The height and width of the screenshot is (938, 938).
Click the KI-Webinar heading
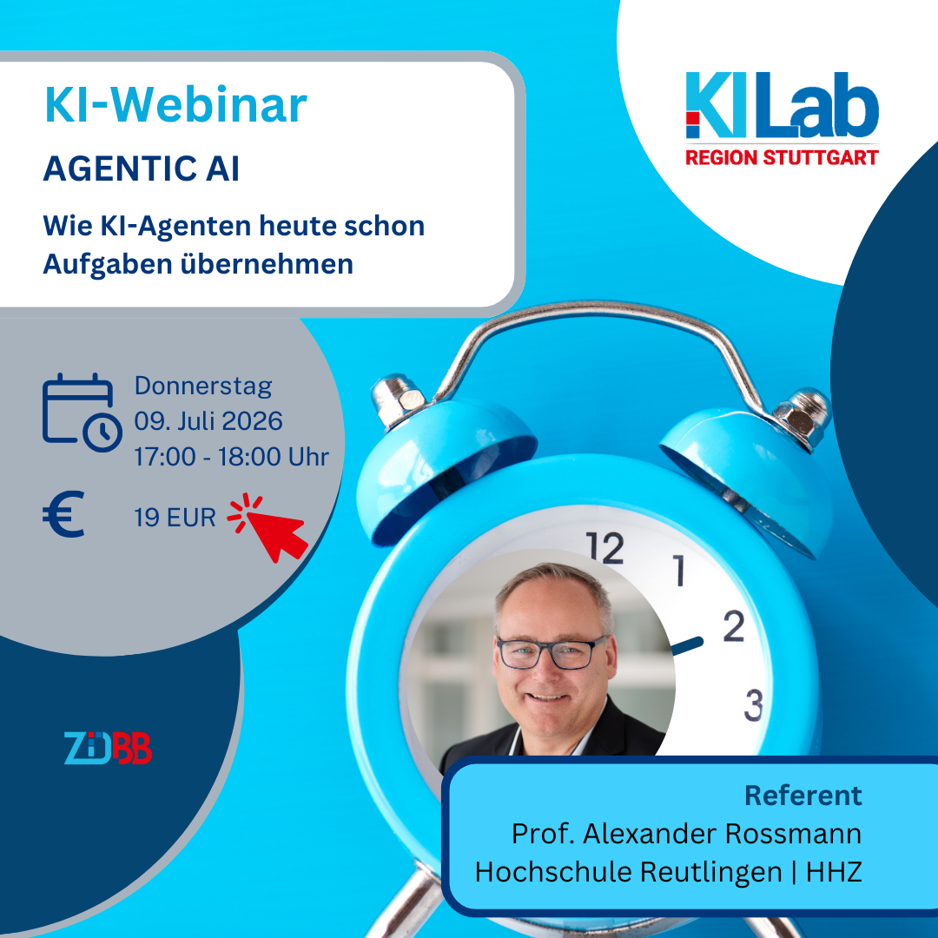(175, 105)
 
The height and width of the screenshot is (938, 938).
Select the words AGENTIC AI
(142, 168)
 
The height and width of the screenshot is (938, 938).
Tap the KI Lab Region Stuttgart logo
(782, 118)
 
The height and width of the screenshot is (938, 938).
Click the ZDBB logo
(108, 748)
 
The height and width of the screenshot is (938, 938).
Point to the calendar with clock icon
(82, 413)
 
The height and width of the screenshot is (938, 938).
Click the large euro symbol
(63, 514)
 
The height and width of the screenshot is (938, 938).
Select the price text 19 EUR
(175, 518)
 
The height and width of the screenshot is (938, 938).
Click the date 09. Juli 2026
(208, 421)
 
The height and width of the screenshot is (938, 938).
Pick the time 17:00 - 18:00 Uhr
(232, 457)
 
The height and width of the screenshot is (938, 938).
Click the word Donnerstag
(203, 386)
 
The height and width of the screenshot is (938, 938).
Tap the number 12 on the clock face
(604, 547)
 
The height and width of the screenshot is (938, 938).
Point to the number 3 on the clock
(754, 704)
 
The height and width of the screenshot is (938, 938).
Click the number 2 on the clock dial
(734, 625)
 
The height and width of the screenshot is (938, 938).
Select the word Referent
(803, 796)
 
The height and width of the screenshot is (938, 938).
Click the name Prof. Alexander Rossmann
(686, 833)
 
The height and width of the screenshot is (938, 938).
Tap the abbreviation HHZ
(834, 872)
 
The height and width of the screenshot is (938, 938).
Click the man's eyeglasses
(552, 651)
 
